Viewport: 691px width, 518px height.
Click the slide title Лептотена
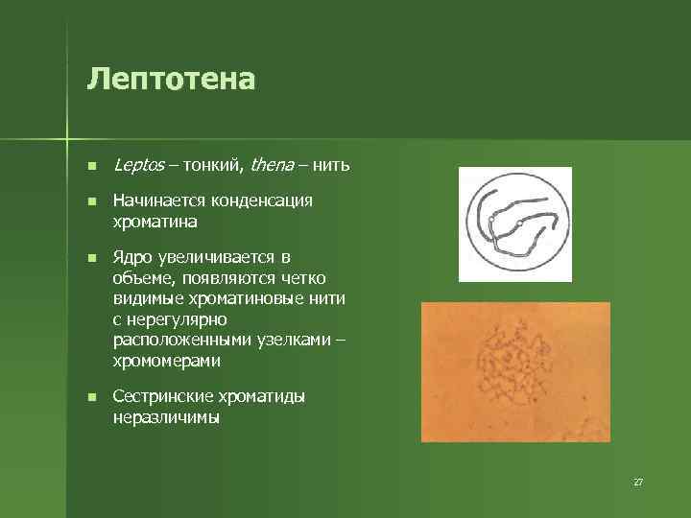coord(171,79)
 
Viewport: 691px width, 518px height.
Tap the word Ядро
coord(132,258)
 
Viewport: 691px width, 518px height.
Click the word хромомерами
coord(166,362)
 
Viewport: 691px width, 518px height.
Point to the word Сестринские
coord(162,396)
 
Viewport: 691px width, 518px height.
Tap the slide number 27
coord(637,481)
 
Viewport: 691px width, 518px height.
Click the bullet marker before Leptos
coord(91,166)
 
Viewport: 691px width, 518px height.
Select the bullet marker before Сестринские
coord(91,397)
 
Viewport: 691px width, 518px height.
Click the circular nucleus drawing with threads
coord(514,224)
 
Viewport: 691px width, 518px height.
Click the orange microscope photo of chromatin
coord(515,371)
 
